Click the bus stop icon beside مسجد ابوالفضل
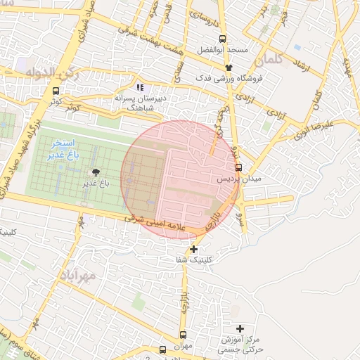[223, 39]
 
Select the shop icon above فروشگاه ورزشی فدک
[229, 67]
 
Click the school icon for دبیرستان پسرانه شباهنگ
[140, 88]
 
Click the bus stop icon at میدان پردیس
[238, 167]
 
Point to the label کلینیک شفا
[195, 260]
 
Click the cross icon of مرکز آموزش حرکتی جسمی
[240, 328]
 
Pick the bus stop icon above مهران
[184, 335]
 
